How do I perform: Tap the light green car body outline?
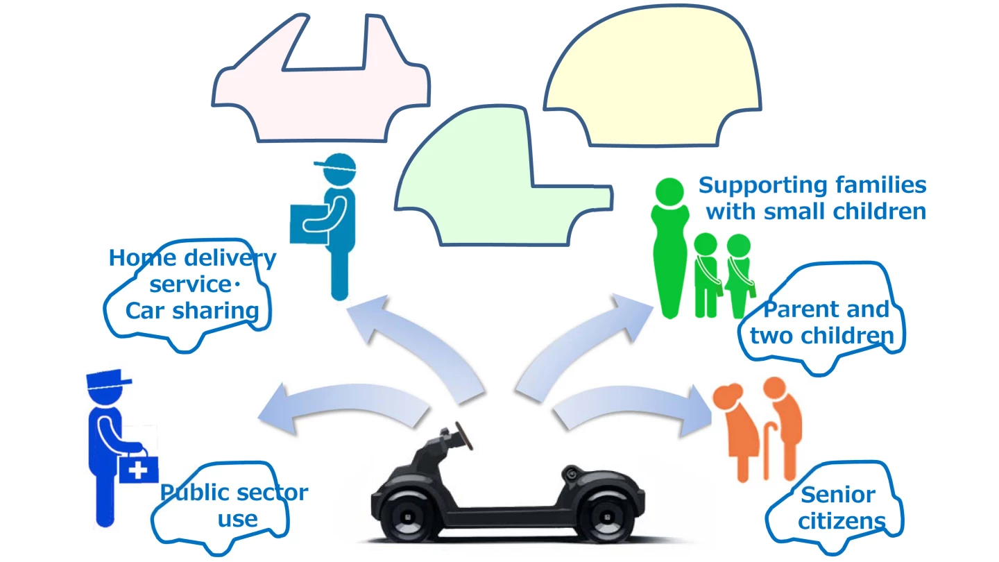pyautogui.click(x=486, y=201)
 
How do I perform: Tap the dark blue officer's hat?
pyautogui.click(x=108, y=381)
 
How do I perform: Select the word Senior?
pyautogui.click(x=837, y=495)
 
